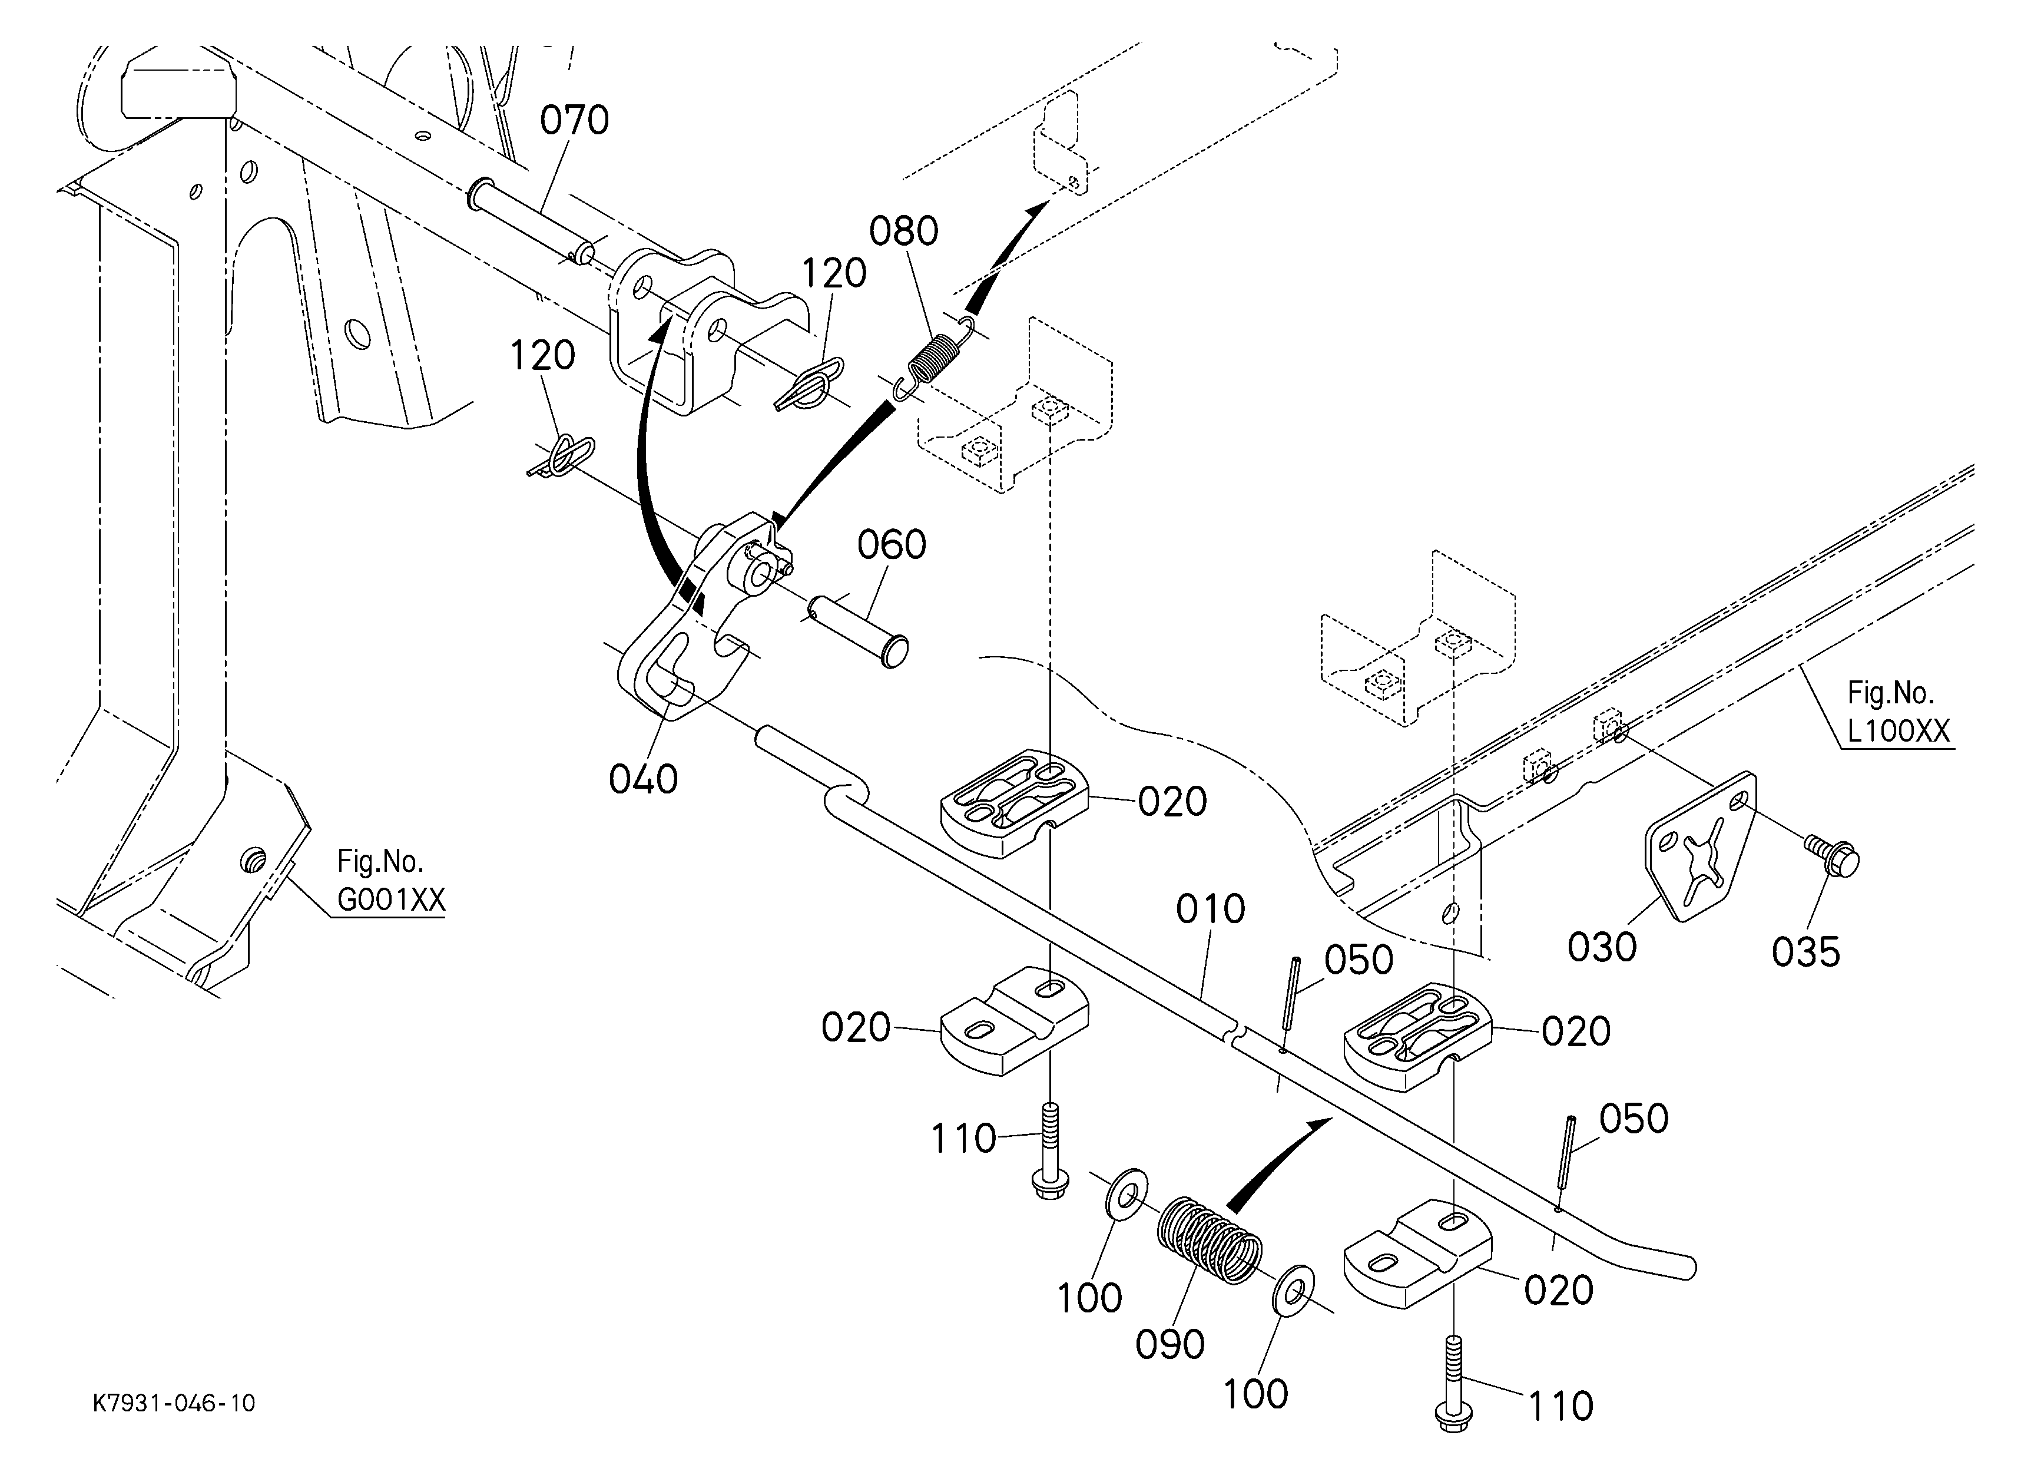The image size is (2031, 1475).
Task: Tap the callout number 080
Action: click(903, 231)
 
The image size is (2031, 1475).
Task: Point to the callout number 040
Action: click(643, 779)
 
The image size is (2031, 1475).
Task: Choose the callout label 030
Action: click(1602, 947)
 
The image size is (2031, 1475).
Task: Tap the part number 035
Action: click(1806, 952)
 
